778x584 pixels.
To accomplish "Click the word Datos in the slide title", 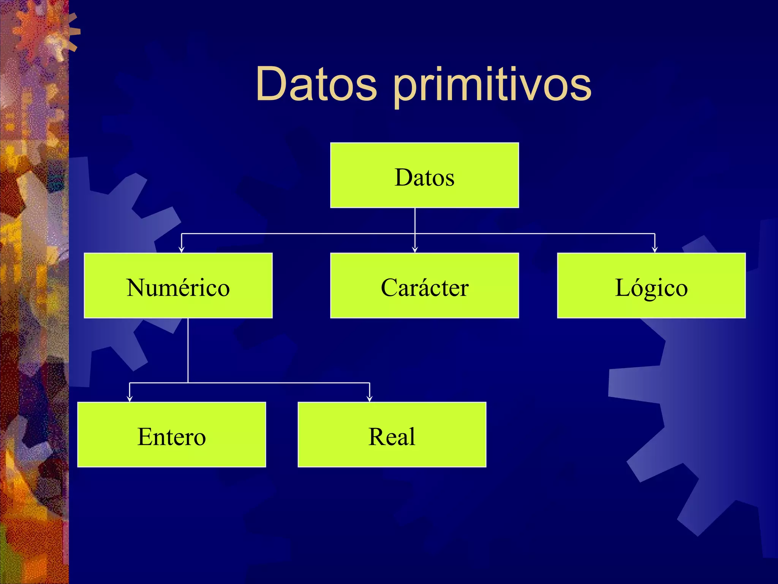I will coord(316,84).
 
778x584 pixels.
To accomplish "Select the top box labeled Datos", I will coord(424,175).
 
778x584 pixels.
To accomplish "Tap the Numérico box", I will coord(178,286).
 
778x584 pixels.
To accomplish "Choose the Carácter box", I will coord(424,286).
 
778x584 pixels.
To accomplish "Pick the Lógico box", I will coord(651,286).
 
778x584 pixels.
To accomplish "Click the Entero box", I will coord(171,435).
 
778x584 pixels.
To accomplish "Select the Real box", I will coord(392,435).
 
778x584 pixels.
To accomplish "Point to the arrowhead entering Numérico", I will coord(182,249).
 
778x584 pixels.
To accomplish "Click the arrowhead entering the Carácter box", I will coord(415,249).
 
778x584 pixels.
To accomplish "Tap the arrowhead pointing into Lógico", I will coord(655,249).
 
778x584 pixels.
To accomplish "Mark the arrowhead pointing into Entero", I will coord(130,398).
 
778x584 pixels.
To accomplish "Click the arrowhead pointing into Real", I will coord(370,398).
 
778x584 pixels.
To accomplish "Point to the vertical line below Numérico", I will coord(188,350).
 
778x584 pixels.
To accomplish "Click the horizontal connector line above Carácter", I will coord(494,233).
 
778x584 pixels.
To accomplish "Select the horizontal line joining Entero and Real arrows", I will coord(266,383).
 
